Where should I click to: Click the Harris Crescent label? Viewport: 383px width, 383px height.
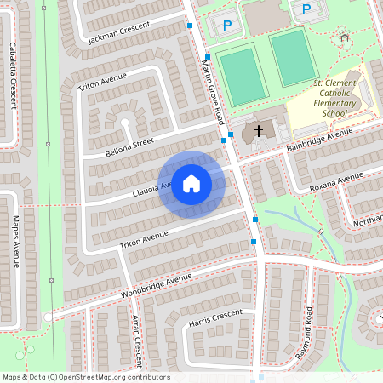(216, 317)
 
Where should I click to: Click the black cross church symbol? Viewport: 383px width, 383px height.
(259, 131)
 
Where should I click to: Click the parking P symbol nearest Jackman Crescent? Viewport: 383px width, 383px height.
(226, 26)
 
